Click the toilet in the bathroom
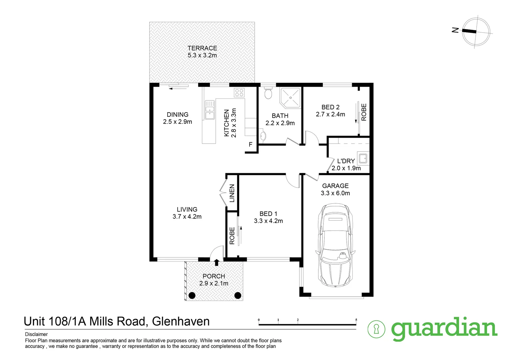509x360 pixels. [x=268, y=93]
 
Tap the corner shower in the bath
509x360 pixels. [x=290, y=97]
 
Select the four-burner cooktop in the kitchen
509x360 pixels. [x=239, y=93]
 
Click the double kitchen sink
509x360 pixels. [x=210, y=110]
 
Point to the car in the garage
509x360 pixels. [x=335, y=245]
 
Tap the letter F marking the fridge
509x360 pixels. [x=251, y=144]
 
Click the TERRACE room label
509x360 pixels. [x=202, y=48]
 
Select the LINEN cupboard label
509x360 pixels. [x=232, y=193]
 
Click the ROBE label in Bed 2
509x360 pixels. [x=364, y=112]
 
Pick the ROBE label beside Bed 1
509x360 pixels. [x=232, y=236]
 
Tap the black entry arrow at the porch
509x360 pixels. [x=217, y=262]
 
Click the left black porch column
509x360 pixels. [x=192, y=295]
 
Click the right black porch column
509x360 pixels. [x=238, y=295]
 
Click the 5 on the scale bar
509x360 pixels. [x=356, y=320]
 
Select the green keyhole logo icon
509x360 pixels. [x=376, y=329]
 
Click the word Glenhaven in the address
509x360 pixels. [x=181, y=321]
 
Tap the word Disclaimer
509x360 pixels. [x=36, y=334]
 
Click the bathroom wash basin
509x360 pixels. [x=263, y=136]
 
